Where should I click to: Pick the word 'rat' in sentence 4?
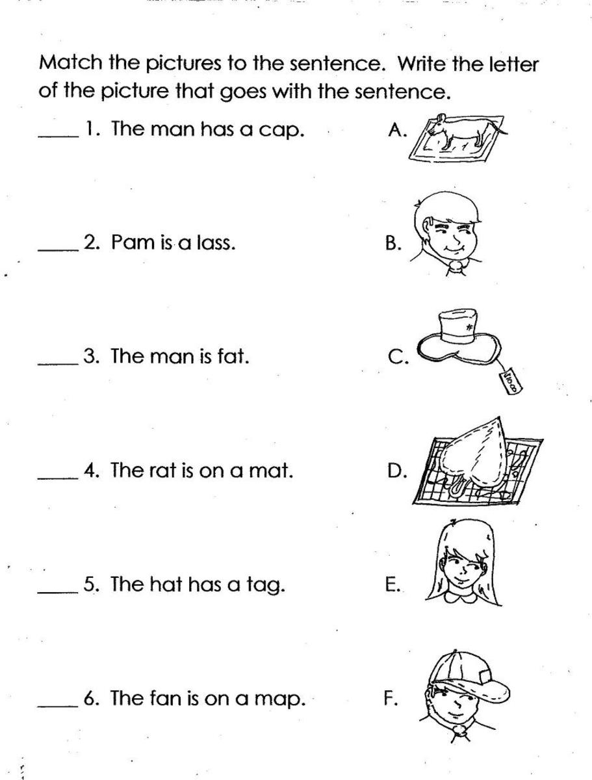tap(164, 470)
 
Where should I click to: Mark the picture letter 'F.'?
tap(390, 699)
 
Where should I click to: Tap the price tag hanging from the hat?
tap(511, 380)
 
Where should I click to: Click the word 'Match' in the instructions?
tap(66, 63)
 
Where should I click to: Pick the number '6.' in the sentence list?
tap(91, 699)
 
